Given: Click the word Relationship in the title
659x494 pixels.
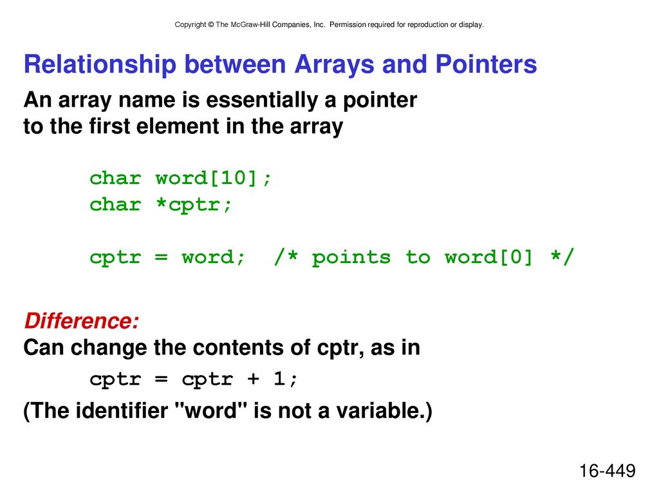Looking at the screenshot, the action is pyautogui.click(x=100, y=65).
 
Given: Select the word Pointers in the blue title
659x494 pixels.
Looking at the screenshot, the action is pyautogui.click(x=486, y=64).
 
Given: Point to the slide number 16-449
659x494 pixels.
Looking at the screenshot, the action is pyautogui.click(x=608, y=470).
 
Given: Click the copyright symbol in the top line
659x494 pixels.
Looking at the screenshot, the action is pyautogui.click(x=210, y=25).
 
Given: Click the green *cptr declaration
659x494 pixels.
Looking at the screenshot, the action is pyautogui.click(x=194, y=205).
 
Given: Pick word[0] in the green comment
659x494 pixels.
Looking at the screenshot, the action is pyautogui.click(x=488, y=257).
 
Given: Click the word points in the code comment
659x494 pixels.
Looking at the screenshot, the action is pyautogui.click(x=351, y=257).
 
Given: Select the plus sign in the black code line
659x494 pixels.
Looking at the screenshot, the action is pyautogui.click(x=253, y=379).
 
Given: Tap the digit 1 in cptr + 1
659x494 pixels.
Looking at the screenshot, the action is pyautogui.click(x=279, y=378).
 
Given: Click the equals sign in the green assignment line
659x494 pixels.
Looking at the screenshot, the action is pyautogui.click(x=161, y=257).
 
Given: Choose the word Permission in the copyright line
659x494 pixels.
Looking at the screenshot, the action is pyautogui.click(x=348, y=25).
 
